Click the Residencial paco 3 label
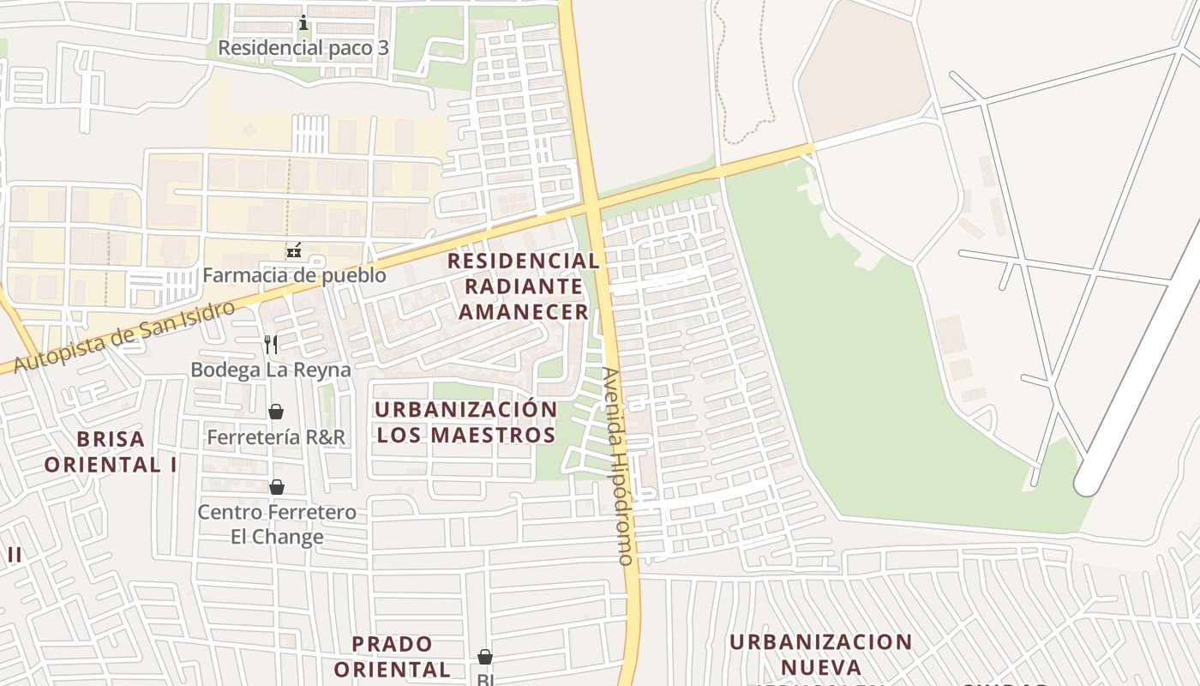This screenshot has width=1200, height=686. click(x=303, y=48)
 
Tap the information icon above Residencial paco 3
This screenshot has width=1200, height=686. click(x=303, y=23)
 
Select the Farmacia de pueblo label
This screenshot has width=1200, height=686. click(x=294, y=276)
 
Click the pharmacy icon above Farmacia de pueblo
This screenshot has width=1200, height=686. click(x=294, y=251)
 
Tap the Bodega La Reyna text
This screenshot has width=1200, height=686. click(x=271, y=370)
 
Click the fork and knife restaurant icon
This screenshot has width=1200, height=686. click(x=271, y=345)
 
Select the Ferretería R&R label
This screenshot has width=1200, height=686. click(x=276, y=437)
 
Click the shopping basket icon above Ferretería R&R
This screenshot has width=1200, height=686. click(x=276, y=412)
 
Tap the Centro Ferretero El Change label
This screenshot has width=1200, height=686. click(x=277, y=525)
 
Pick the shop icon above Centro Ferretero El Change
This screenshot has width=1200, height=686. click(x=277, y=487)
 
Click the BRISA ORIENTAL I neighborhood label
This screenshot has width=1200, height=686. click(x=111, y=452)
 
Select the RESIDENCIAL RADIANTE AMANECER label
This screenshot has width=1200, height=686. click(x=523, y=286)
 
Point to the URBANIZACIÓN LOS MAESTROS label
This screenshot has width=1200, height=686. click(x=466, y=422)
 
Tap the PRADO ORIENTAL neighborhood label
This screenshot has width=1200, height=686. click(x=392, y=656)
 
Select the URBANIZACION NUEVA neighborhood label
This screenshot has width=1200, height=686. click(x=820, y=654)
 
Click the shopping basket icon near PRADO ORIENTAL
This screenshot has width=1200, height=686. click(x=485, y=657)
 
